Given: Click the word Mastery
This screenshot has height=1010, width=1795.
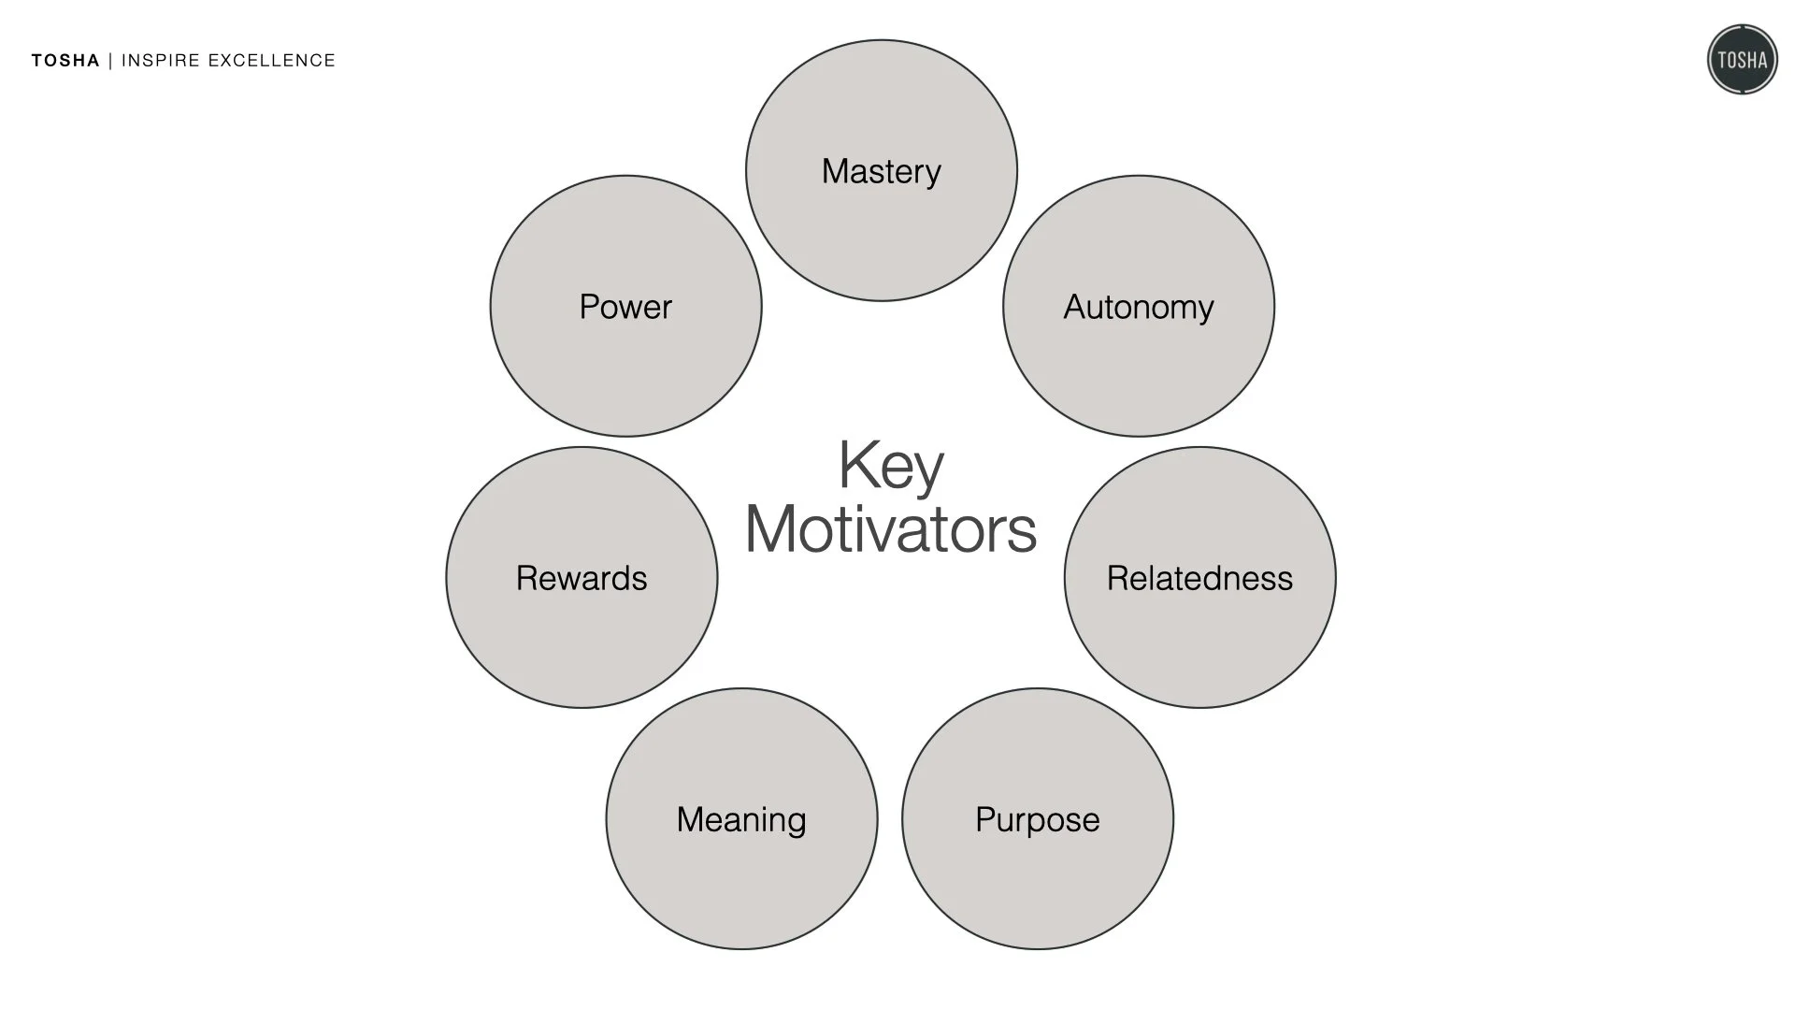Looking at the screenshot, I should pyautogui.click(x=881, y=172).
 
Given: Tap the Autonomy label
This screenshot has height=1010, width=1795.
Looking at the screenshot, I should pyautogui.click(x=1138, y=308).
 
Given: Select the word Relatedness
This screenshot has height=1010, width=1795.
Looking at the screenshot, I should pyautogui.click(x=1199, y=579).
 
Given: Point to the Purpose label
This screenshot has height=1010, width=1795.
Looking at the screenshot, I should pyautogui.click(x=1037, y=820).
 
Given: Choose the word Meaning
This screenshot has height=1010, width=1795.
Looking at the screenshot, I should pyautogui.click(x=741, y=820).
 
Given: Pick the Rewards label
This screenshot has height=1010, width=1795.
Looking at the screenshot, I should pyautogui.click(x=582, y=579).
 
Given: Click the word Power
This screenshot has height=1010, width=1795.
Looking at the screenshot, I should pyautogui.click(x=625, y=308).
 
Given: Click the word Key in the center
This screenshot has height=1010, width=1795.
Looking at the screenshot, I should pyautogui.click(x=891, y=466).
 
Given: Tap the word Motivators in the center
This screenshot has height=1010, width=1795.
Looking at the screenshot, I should pyautogui.click(x=891, y=530).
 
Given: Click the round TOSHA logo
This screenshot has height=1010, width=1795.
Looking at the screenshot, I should pyautogui.click(x=1742, y=60).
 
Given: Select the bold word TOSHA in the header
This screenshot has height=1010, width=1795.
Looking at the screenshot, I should pyautogui.click(x=65, y=61).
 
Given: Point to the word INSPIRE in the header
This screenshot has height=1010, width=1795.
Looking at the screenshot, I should pyautogui.click(x=161, y=61).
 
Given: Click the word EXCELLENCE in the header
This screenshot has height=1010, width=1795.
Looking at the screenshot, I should pyautogui.click(x=271, y=61).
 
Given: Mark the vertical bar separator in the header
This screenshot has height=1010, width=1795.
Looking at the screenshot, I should pyautogui.click(x=110, y=61).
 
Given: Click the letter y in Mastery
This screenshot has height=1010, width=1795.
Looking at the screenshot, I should pyautogui.click(x=932, y=176).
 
